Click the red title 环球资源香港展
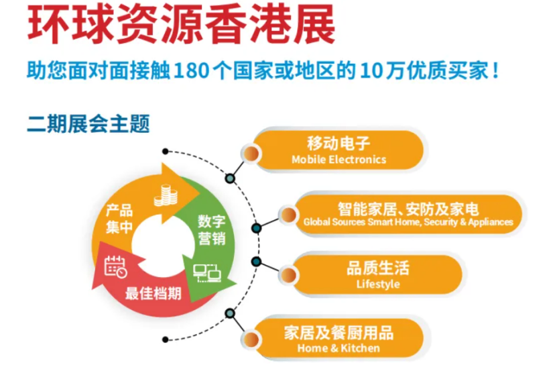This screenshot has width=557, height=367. pyautogui.click(x=181, y=24)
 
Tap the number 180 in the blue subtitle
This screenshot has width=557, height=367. pyautogui.click(x=191, y=70)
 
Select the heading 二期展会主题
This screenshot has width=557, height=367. pyautogui.click(x=88, y=123)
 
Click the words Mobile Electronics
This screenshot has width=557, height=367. pyautogui.click(x=339, y=159)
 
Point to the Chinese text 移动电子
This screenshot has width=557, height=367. pyautogui.click(x=338, y=144)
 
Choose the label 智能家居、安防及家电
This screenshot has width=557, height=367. pyautogui.click(x=408, y=209)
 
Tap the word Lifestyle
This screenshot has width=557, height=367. pyautogui.click(x=378, y=284)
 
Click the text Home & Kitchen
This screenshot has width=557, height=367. pyautogui.click(x=338, y=348)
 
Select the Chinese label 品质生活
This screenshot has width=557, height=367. pyautogui.click(x=378, y=268)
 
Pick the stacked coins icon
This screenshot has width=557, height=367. pyautogui.click(x=166, y=195)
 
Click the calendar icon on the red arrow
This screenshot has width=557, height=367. pyautogui.click(x=116, y=266)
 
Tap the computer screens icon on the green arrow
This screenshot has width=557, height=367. pyautogui.click(x=207, y=273)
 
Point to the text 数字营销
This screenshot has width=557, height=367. pyautogui.click(x=212, y=229)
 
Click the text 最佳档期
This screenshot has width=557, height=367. pyautogui.click(x=153, y=293)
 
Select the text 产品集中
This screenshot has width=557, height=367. pyautogui.click(x=119, y=219)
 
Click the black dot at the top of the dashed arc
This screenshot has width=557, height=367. pyautogui.click(x=165, y=152)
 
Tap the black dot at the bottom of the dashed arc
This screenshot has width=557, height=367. pyautogui.click(x=165, y=339)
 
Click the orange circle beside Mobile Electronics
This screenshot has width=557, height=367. pyautogui.click(x=251, y=153)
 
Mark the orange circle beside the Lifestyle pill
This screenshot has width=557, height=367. pyautogui.click(x=289, y=275)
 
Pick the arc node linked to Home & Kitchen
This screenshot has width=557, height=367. pyautogui.click(x=230, y=313)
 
